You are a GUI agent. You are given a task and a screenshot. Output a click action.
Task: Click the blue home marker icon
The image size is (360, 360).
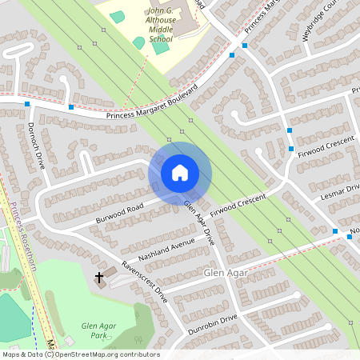click(x=179, y=172)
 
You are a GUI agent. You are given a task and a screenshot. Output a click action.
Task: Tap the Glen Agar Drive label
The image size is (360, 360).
click(x=200, y=222)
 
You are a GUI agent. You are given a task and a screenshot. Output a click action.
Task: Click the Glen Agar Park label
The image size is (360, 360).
click(x=98, y=331)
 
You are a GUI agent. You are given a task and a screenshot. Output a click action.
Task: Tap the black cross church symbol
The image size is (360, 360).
click(x=100, y=278)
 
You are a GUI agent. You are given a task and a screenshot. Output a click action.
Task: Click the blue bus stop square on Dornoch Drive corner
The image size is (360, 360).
click(x=27, y=105)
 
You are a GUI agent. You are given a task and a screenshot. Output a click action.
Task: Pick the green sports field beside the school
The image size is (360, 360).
click(x=161, y=46)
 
